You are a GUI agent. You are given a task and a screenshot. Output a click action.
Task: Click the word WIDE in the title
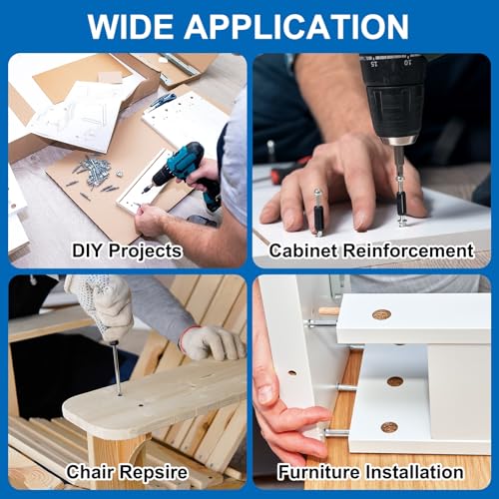(x=131, y=27)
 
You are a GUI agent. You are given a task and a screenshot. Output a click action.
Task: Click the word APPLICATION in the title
(x=296, y=27)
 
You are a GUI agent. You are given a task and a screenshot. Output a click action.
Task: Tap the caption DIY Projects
(x=127, y=250)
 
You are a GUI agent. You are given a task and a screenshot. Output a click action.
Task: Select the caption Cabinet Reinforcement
(x=371, y=250)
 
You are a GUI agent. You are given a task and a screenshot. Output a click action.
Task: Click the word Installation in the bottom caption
(x=415, y=472)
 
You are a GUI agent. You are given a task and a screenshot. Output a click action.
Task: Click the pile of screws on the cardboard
(x=94, y=174)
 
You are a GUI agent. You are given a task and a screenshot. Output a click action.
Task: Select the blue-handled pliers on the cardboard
(x=163, y=101)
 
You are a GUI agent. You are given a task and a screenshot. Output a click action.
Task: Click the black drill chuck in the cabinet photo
(x=395, y=100)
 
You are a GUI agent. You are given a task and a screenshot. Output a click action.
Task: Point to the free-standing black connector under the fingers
(x=318, y=213)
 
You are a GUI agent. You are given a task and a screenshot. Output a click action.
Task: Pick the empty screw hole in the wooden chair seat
(x=141, y=406)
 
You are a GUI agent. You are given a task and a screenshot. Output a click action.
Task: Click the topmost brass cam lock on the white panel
(x=381, y=314)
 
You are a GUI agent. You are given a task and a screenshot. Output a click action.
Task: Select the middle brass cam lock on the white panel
(x=395, y=381)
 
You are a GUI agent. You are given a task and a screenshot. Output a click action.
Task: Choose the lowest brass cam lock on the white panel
(x=389, y=427)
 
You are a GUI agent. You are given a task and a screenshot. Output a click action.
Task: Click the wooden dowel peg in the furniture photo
(x=328, y=311)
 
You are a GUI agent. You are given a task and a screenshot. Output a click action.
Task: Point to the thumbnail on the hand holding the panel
(x=265, y=393)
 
